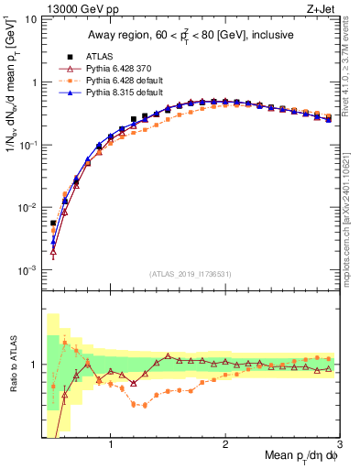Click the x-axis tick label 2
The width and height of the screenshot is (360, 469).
click(x=224, y=445)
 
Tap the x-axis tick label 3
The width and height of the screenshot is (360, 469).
click(x=338, y=445)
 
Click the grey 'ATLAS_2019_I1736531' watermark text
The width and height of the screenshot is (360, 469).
click(x=190, y=274)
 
